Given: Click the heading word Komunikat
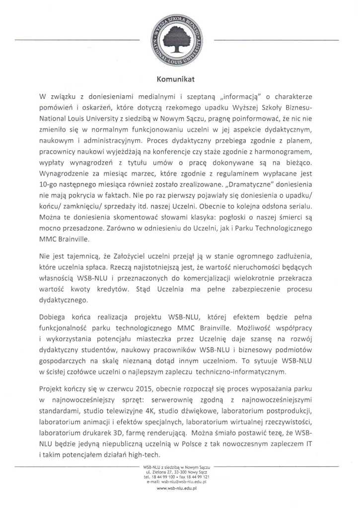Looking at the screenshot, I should pyautogui.click(x=177, y=78).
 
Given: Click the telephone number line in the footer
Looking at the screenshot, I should pyautogui.click(x=177, y=477).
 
